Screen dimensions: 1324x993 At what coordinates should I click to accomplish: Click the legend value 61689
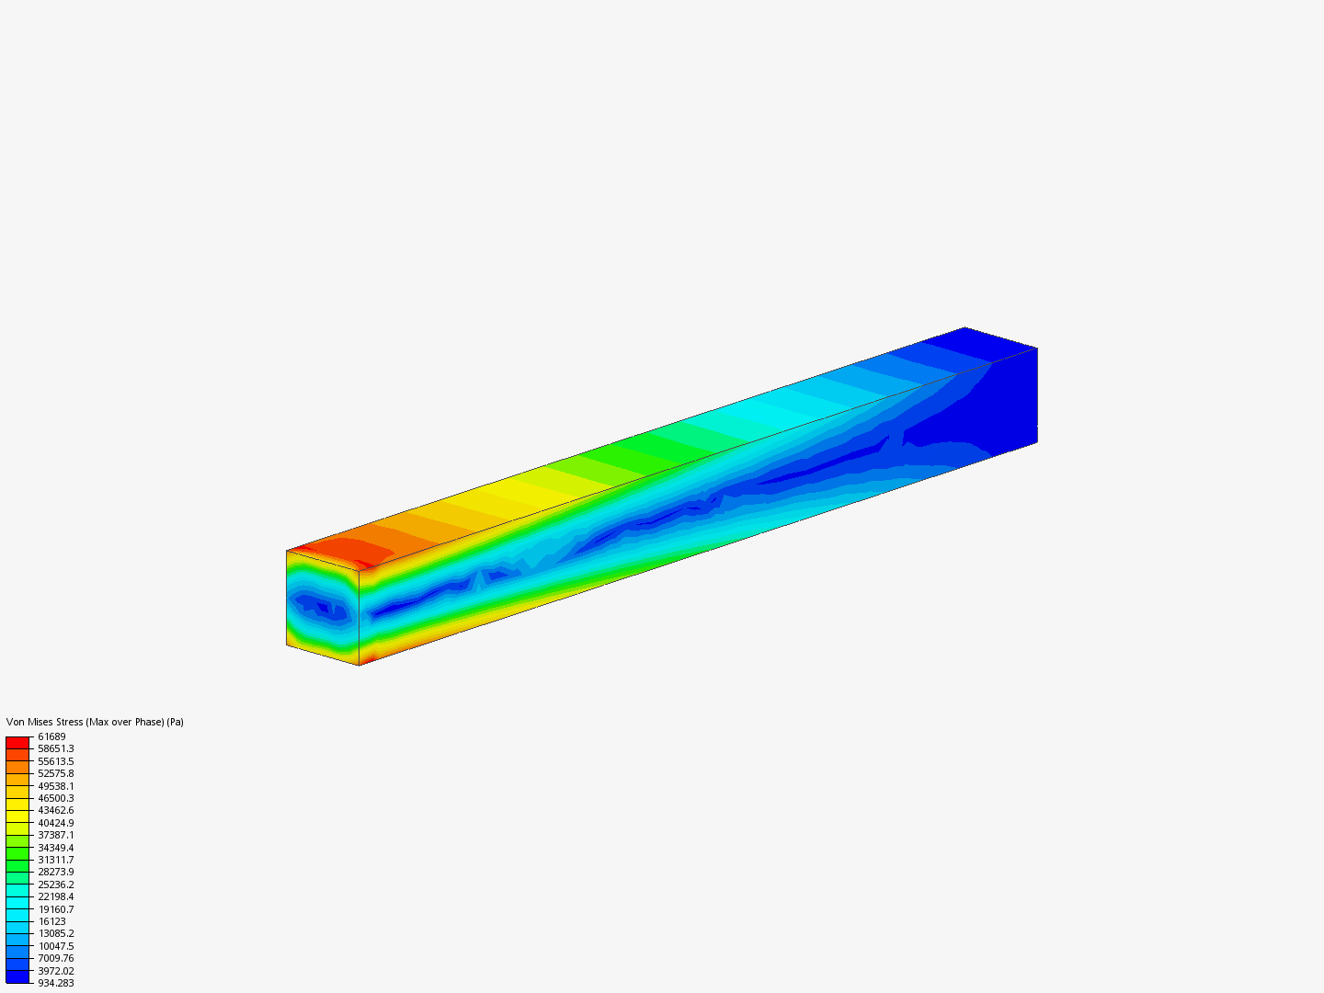(51, 736)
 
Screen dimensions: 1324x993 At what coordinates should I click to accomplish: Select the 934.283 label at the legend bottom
(55, 984)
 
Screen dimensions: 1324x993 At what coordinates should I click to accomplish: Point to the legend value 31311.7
(55, 860)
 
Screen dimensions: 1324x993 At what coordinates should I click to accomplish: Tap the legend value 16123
(51, 921)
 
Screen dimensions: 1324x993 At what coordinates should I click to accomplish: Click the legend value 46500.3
(55, 798)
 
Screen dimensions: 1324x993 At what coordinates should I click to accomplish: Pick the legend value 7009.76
(55, 959)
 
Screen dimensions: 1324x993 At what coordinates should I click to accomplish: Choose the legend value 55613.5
(55, 761)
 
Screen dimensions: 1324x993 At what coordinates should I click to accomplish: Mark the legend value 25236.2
(55, 885)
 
